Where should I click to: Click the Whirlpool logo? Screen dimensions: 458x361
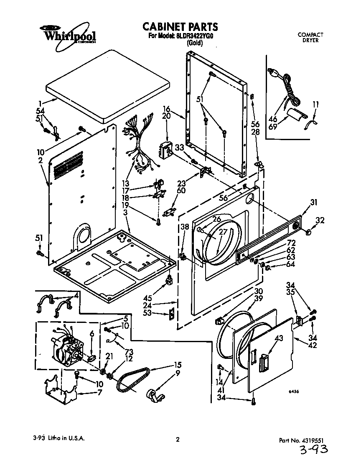click(68, 35)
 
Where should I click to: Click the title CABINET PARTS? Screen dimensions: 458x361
click(180, 27)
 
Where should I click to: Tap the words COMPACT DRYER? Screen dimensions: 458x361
click(310, 38)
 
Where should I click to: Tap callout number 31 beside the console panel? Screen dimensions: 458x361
click(313, 203)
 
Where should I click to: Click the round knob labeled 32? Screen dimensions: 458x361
click(309, 231)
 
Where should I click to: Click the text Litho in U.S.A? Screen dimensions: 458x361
click(65, 439)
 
